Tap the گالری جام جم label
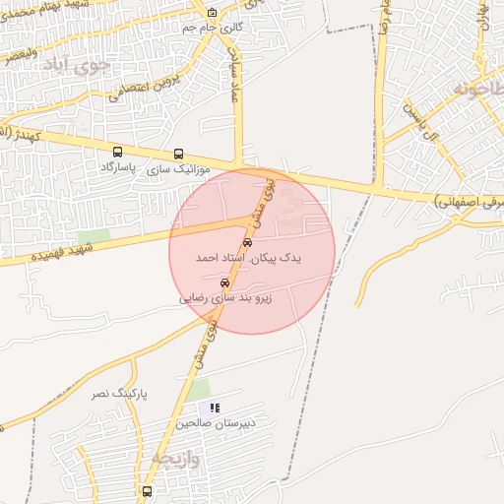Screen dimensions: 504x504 pyautogui.click(x=213, y=28)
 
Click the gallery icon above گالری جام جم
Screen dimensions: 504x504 pyautogui.click(x=213, y=12)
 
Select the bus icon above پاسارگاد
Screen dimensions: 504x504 pyautogui.click(x=118, y=153)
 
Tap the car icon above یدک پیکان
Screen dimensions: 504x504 pyautogui.click(x=247, y=242)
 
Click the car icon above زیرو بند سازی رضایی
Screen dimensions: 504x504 pyautogui.click(x=225, y=283)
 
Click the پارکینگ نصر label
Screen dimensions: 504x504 pyautogui.click(x=119, y=393)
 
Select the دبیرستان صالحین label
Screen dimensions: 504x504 pyautogui.click(x=216, y=422)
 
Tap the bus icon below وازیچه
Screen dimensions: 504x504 pyautogui.click(x=147, y=491)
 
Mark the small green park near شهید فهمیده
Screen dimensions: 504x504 pyautogui.click(x=94, y=236)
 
